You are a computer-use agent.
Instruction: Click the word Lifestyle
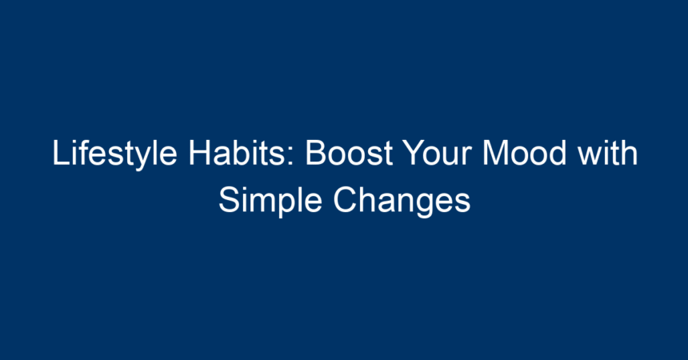tap(114, 154)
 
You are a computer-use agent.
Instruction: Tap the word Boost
tap(349, 152)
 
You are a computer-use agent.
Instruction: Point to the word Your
tap(439, 152)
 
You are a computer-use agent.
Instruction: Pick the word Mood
tap(524, 152)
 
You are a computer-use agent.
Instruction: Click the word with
tap(607, 152)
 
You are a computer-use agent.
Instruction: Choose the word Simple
tap(270, 201)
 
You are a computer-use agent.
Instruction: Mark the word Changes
tap(402, 201)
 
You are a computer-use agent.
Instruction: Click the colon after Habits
tap(291, 157)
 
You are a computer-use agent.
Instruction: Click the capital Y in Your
tap(414, 153)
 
